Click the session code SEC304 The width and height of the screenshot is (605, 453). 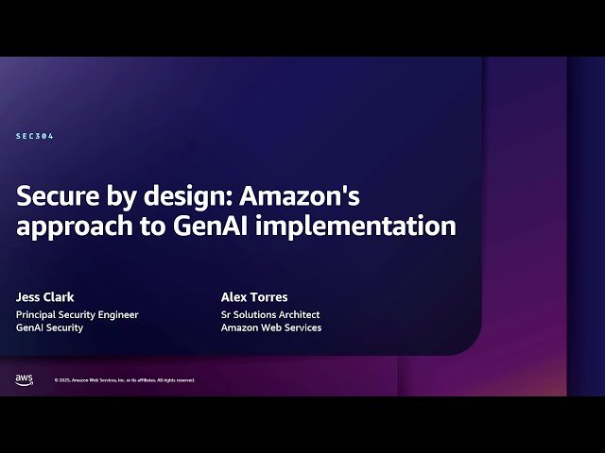(x=35, y=136)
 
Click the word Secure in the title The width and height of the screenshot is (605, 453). (x=60, y=196)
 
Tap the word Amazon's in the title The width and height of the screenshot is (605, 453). (x=308, y=196)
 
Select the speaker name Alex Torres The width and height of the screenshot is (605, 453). (x=253, y=295)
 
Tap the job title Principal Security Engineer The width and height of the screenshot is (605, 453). (x=77, y=314)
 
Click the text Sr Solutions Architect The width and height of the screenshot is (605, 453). (x=270, y=314)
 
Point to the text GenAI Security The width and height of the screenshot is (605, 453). (x=49, y=327)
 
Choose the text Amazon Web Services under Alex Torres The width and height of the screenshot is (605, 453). (x=271, y=327)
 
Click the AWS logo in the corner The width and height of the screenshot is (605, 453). (x=24, y=379)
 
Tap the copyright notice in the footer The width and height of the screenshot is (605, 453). (x=124, y=380)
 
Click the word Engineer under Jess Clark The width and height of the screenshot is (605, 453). (x=118, y=314)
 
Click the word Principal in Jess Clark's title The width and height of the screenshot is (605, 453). (x=36, y=314)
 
